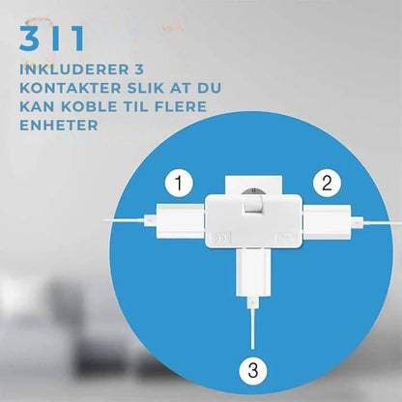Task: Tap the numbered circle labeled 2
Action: coord(328,181)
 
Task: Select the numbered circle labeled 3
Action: coord(250,368)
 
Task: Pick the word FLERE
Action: coord(188,107)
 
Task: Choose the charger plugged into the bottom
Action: coord(251,274)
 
